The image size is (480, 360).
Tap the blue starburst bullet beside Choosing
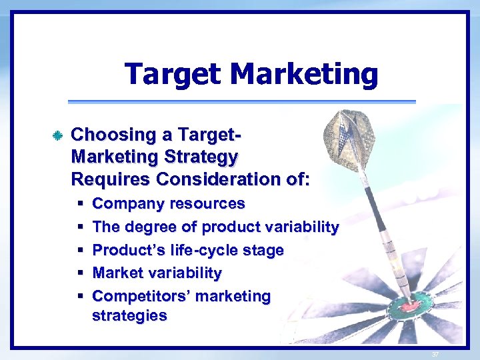[58, 136]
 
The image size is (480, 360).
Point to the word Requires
[111, 179]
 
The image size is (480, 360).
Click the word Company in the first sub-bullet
[123, 203]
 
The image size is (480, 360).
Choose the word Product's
[123, 250]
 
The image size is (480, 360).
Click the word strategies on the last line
[129, 315]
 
